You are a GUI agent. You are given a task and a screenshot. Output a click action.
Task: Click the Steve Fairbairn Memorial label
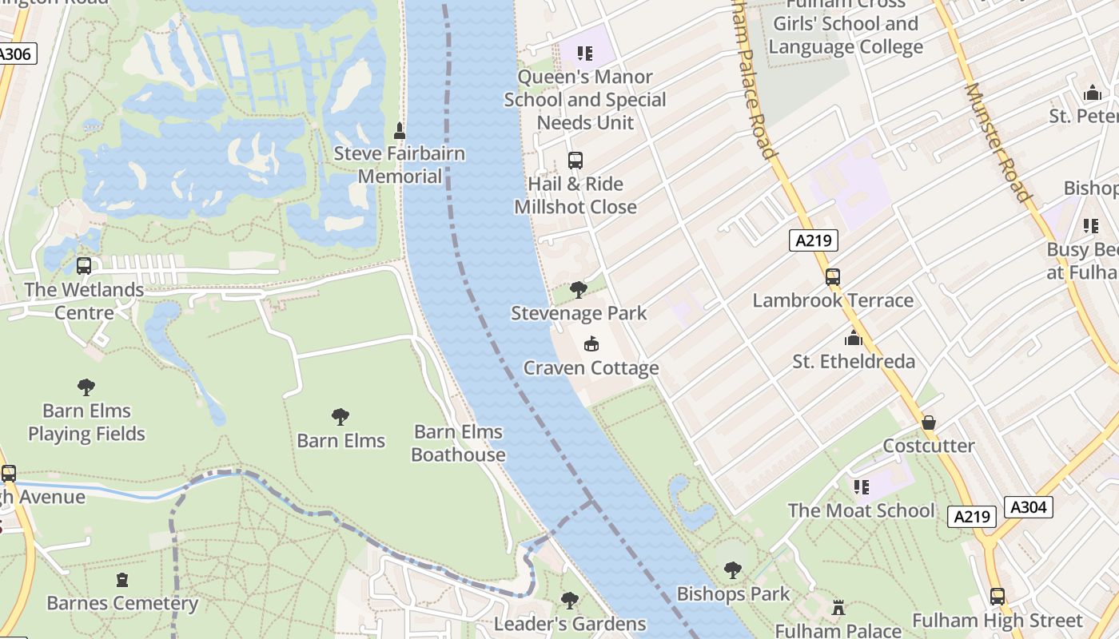pos(399,165)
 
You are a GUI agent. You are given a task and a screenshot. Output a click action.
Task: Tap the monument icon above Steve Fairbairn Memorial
pos(400,130)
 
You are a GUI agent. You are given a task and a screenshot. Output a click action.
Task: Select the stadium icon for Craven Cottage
pos(591,344)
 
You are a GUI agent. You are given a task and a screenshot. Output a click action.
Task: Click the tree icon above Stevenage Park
pos(579,289)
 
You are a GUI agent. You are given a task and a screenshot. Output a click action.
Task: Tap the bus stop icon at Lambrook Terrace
pos(833,277)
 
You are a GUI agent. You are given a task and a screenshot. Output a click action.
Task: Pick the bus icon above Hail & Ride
pos(575,161)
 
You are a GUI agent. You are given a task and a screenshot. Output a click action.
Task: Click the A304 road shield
pos(1028,507)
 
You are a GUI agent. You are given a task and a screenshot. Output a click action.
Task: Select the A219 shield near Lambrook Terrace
pos(813,240)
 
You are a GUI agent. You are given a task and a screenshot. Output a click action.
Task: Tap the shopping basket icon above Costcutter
pos(929,423)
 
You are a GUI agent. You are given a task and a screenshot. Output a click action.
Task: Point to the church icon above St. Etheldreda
pos(854,339)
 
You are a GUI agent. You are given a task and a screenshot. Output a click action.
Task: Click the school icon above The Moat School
pos(861,486)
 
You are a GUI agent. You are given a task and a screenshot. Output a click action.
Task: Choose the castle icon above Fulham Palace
pos(838,608)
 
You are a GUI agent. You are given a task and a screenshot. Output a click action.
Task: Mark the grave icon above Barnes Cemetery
pos(122,580)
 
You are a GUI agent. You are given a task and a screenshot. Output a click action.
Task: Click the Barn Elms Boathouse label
pos(458,443)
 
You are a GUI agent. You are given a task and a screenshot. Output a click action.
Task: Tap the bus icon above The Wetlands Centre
pos(84,266)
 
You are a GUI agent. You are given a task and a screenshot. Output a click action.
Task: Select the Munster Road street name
pos(998,142)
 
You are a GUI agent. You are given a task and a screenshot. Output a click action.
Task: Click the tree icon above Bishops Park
pos(732,570)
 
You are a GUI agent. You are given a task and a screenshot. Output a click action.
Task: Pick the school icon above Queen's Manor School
pos(585,54)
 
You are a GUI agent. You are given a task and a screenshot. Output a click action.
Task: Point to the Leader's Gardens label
pos(570,623)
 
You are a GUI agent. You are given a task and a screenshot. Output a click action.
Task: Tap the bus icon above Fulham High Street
pos(997,597)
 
